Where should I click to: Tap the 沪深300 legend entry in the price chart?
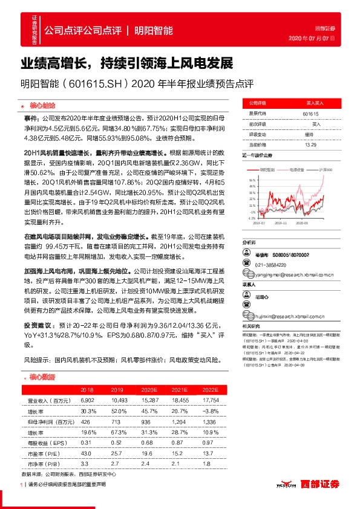coord(321,170)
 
